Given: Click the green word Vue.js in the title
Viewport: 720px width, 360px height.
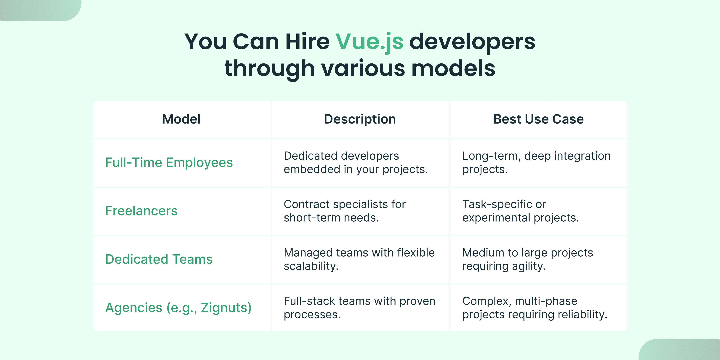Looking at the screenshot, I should [369, 42].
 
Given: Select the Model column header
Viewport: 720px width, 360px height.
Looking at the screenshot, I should [181, 119].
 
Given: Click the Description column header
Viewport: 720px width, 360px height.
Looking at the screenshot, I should [360, 119].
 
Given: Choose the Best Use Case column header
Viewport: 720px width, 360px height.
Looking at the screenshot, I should [538, 119].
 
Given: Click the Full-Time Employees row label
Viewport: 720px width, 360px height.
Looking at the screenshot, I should [169, 163].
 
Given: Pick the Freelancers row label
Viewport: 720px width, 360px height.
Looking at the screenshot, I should [141, 211].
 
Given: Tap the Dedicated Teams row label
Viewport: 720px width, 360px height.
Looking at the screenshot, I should [159, 259].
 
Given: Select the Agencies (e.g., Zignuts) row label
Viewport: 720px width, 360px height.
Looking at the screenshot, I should [178, 308].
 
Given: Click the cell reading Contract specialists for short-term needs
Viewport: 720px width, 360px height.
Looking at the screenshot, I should [344, 211].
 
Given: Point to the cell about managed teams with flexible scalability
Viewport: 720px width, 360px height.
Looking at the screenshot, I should [359, 259].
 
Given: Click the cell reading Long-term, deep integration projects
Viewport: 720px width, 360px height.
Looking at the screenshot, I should [536, 163].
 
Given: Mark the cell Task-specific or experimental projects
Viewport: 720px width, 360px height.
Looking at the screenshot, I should [520, 211].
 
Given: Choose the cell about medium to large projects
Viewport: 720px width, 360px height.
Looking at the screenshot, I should [527, 259].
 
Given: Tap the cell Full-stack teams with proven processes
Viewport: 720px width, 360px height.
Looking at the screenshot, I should [359, 308].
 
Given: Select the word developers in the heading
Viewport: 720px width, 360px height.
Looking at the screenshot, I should [472, 42].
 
